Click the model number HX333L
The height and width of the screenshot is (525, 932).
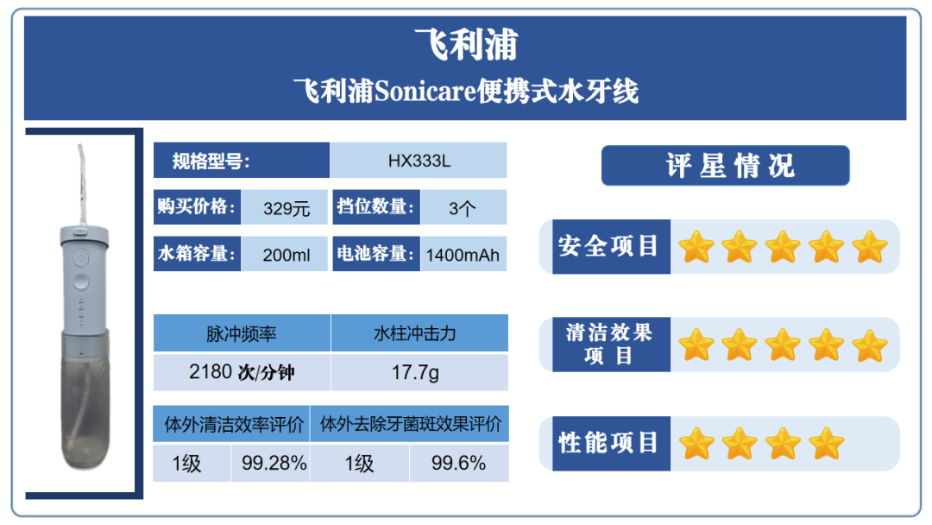click(x=419, y=161)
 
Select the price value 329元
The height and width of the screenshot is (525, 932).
click(x=287, y=208)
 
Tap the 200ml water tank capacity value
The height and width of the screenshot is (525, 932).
click(x=287, y=255)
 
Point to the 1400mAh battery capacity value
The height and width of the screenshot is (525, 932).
click(x=463, y=255)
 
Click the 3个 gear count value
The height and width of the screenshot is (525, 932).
click(x=463, y=208)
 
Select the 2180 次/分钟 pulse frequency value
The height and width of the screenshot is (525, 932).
click(x=242, y=372)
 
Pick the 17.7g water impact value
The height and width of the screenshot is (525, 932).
click(x=415, y=373)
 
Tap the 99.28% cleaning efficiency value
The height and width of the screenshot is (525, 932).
click(x=274, y=463)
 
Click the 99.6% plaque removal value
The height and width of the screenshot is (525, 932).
click(x=458, y=463)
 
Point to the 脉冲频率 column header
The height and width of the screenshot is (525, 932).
click(x=242, y=333)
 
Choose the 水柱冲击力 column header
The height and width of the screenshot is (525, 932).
click(x=415, y=333)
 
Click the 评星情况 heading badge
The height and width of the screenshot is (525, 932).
click(x=725, y=165)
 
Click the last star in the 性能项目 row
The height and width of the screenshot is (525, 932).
click(x=826, y=444)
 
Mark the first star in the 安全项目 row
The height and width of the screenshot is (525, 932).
click(x=696, y=247)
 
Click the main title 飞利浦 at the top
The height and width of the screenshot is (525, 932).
click(x=467, y=44)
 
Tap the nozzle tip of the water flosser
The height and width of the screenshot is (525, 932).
click(x=79, y=146)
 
